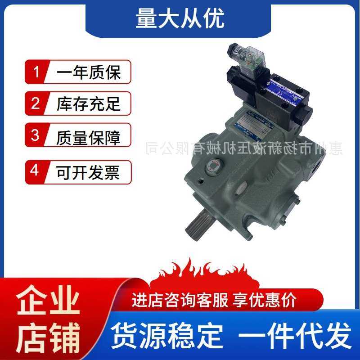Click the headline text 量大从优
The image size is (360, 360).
180,19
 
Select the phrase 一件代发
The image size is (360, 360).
295,335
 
